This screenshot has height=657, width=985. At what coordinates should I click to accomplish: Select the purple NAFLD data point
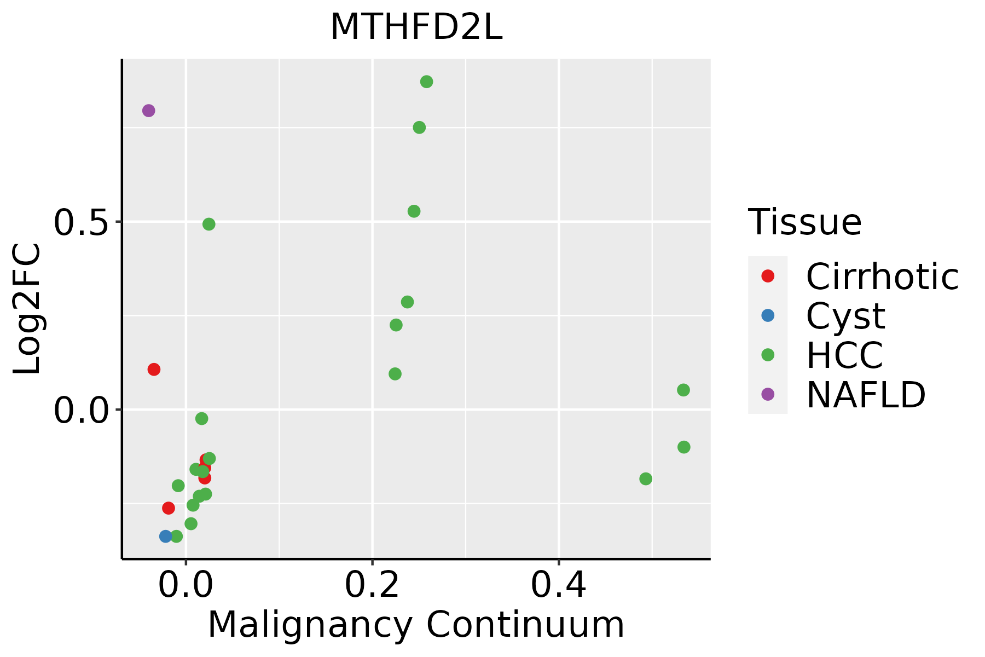click(x=148, y=111)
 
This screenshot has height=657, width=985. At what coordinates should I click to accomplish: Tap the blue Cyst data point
click(x=166, y=536)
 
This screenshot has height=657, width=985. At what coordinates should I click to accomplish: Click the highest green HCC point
click(x=426, y=82)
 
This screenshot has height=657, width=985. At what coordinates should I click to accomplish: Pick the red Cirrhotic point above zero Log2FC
click(x=154, y=370)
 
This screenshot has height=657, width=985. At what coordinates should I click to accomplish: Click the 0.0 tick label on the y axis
click(x=79, y=410)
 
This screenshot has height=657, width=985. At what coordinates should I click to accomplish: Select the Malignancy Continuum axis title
click(x=416, y=625)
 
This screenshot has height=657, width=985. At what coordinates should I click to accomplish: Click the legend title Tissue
click(x=804, y=222)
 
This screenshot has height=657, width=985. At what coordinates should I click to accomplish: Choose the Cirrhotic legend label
click(x=882, y=276)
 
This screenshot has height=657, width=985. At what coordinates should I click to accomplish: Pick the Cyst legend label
click(x=845, y=316)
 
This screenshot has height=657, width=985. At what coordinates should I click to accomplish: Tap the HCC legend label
click(x=844, y=355)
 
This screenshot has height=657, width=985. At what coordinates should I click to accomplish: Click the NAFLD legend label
click(x=866, y=394)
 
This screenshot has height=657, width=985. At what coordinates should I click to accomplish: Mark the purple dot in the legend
click(x=768, y=394)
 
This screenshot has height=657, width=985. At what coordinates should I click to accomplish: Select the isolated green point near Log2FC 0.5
click(x=208, y=224)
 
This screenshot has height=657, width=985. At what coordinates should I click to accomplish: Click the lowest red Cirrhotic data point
click(x=169, y=508)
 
